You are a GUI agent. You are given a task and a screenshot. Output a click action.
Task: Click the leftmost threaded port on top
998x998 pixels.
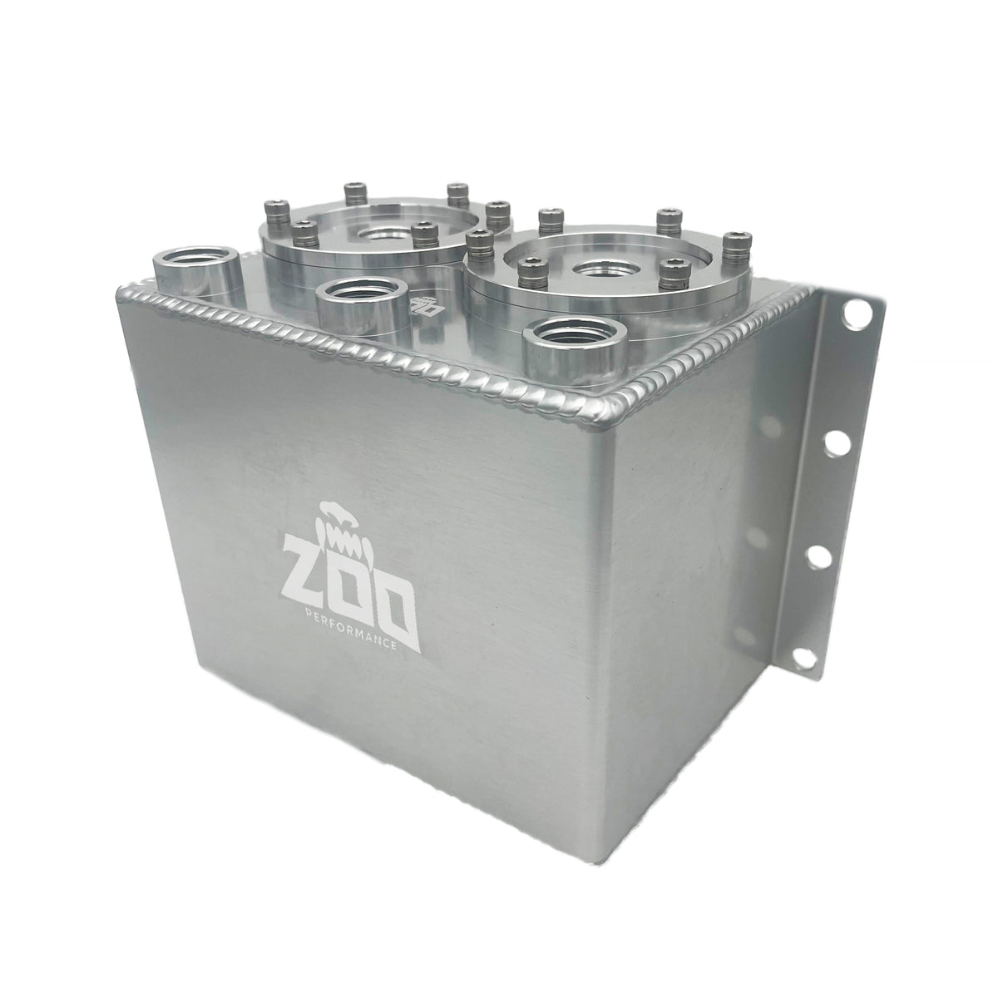coord(195,264)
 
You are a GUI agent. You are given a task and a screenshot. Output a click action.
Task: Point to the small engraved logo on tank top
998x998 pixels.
coord(425,305)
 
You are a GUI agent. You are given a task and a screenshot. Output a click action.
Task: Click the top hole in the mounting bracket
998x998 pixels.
coord(855,314)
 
